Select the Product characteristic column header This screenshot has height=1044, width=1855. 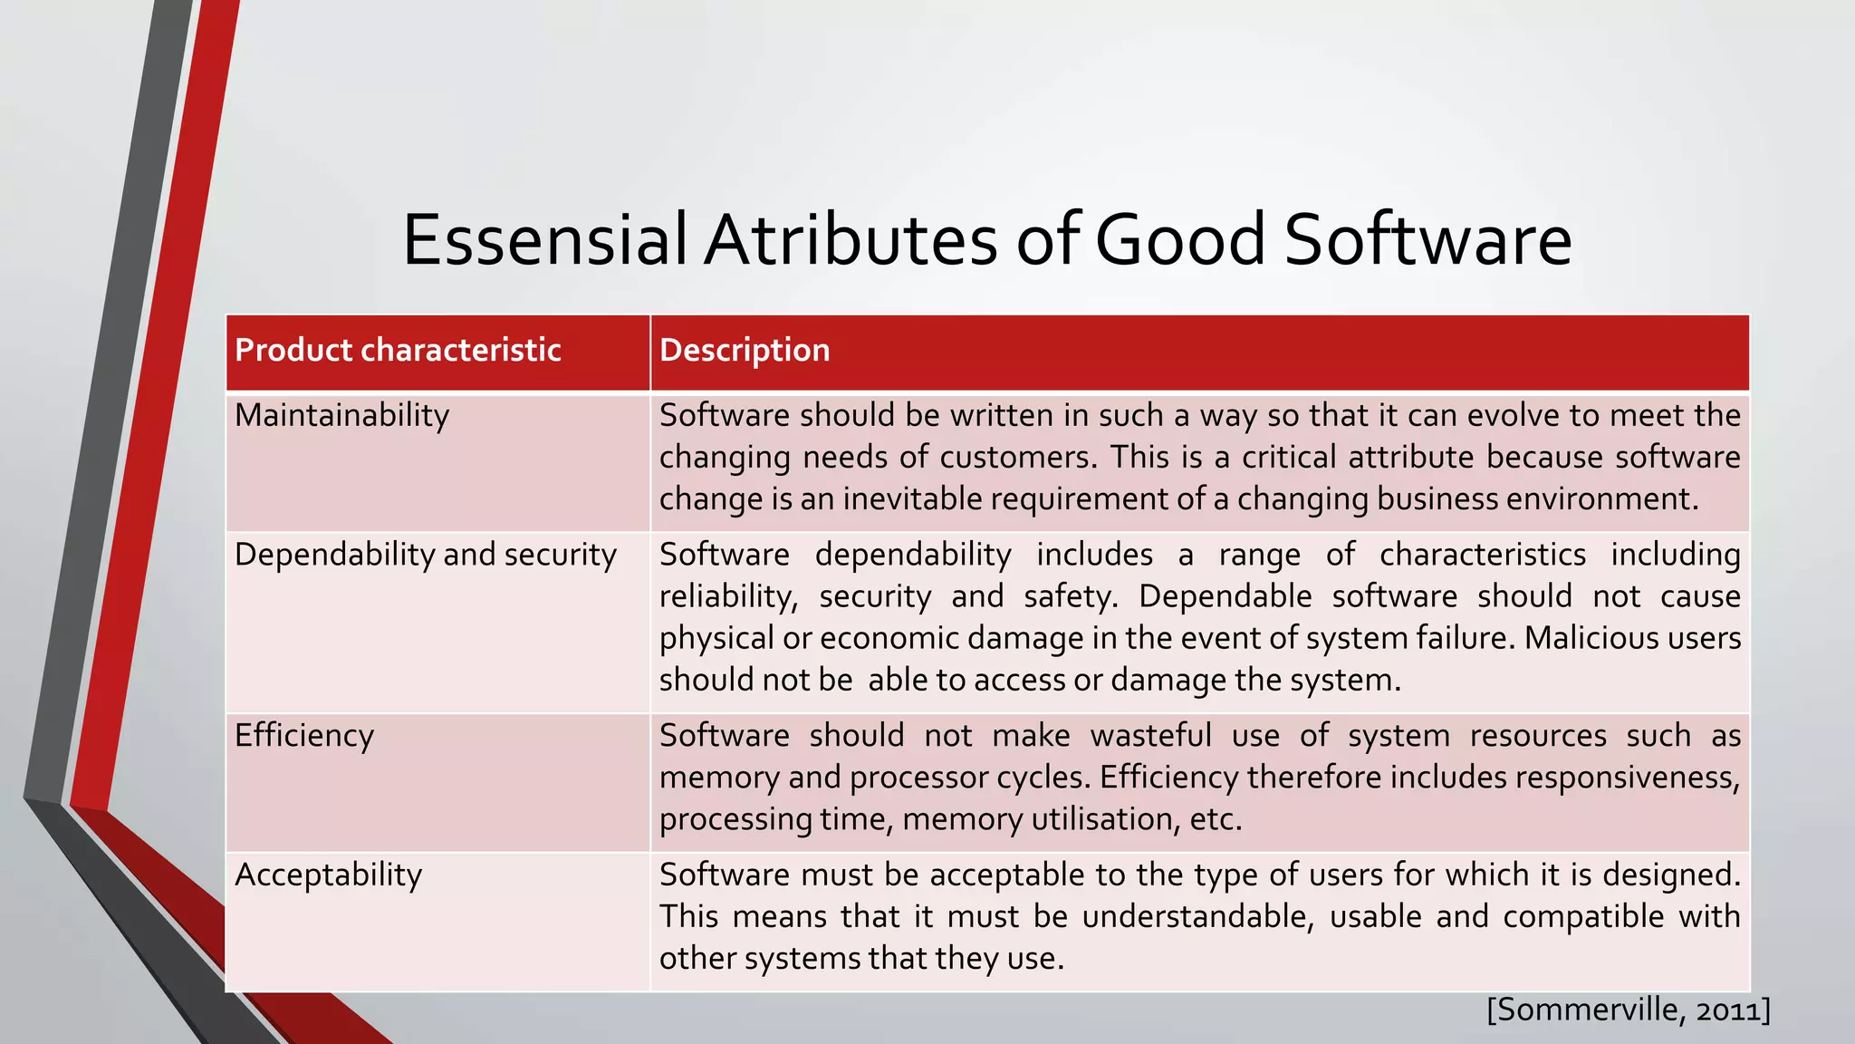pyautogui.click(x=398, y=351)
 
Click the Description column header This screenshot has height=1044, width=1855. pyautogui.click(x=745, y=351)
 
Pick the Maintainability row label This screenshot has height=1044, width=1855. pyautogui.click(x=341, y=416)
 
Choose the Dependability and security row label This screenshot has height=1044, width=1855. pyautogui.click(x=425, y=555)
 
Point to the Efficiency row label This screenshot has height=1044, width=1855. pyautogui.click(x=303, y=735)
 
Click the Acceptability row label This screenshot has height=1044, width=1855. pyautogui.click(x=328, y=875)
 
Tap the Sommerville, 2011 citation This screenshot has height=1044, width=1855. pyautogui.click(x=1628, y=1010)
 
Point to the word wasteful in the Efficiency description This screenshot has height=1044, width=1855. pyautogui.click(x=1150, y=735)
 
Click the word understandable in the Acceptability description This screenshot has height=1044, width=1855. pyautogui.click(x=1197, y=916)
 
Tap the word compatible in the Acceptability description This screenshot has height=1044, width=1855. pyautogui.click(x=1582, y=916)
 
